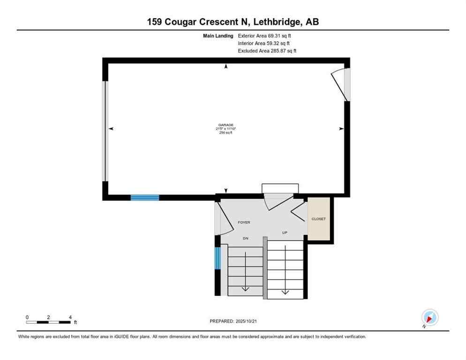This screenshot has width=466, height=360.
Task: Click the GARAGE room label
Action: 225,125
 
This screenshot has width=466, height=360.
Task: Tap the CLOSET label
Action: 318,219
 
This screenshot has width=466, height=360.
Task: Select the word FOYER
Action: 244,222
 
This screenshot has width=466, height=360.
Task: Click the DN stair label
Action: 245,238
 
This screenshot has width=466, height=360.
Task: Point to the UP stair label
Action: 285,232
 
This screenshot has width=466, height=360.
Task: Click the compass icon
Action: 429,317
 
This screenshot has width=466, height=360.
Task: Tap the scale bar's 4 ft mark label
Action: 70,317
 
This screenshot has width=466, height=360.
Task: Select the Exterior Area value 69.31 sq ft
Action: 282,35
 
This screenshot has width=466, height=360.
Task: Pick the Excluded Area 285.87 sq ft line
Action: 267,51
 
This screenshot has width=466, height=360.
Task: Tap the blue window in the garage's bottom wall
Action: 144,197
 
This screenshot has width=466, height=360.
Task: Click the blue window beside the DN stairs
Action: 217,258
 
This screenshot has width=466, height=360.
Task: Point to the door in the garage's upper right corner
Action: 341,84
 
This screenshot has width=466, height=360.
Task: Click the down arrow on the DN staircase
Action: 245,287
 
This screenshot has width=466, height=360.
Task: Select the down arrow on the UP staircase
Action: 285,292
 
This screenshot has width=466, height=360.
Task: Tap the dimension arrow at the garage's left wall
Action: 111,128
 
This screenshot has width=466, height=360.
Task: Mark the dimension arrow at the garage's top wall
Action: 226,67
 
